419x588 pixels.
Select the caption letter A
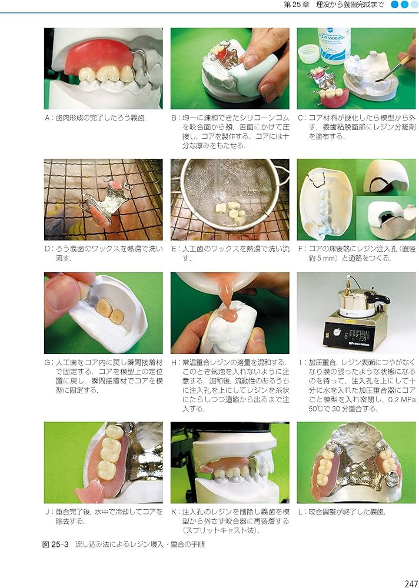tap(47, 118)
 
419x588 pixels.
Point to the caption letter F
tap(301, 249)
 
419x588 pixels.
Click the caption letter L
tap(301, 512)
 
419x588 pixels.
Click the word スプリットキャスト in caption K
tap(217, 531)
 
